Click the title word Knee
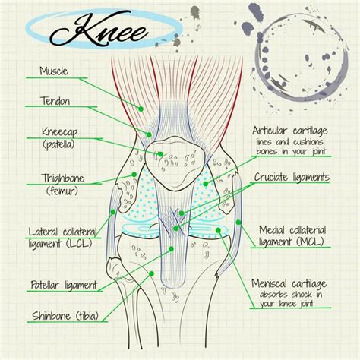pos(99,29)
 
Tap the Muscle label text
pos(54,71)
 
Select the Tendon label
pos(55,101)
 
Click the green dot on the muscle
pos(141,109)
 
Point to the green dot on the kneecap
pos(160,154)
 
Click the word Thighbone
pos(62,178)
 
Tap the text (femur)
pos(62,191)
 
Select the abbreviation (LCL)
pos(79,244)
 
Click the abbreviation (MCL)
pos(310,242)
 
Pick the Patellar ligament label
pos(64,285)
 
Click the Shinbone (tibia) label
pos(65,316)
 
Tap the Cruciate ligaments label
pos(292,177)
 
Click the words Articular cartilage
pos(290,131)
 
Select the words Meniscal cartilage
pos(289,283)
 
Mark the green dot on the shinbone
pos(151,273)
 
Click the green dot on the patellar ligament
pos(171,249)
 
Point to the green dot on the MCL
pos(238,223)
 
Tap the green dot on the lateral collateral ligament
pos(113,212)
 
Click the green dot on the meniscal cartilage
pos(218,230)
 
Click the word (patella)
pos(59,144)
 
